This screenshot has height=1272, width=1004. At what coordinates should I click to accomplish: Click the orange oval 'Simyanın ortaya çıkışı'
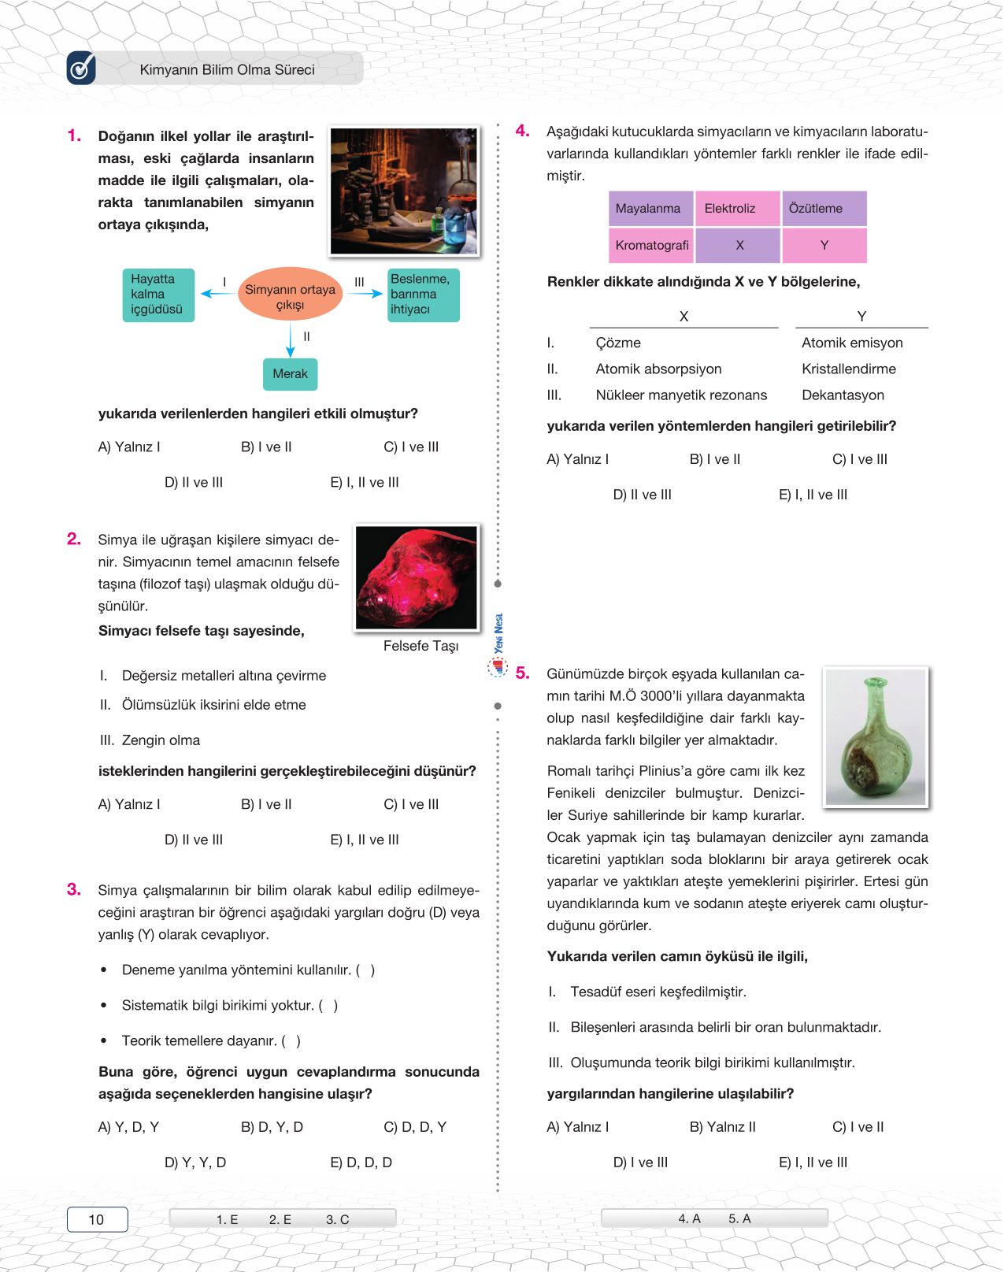[x=290, y=294]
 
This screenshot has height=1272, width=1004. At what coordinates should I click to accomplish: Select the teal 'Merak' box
[x=290, y=374]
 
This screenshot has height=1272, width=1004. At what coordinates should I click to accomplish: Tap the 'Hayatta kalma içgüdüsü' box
[x=157, y=295]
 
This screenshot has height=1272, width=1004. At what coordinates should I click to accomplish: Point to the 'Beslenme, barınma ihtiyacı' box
[x=423, y=295]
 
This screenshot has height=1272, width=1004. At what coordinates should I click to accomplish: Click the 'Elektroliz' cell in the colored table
[x=737, y=209]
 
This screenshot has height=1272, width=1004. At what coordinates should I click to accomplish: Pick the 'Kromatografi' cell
[x=651, y=245]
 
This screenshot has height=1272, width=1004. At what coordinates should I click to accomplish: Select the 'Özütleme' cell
[x=824, y=209]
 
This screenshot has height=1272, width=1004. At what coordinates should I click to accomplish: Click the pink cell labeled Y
[x=824, y=245]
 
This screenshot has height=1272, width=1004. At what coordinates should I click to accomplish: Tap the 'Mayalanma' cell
[x=650, y=209]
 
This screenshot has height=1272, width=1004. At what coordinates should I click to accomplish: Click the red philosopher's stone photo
[x=416, y=577]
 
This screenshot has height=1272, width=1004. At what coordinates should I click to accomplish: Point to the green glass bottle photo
[x=875, y=736]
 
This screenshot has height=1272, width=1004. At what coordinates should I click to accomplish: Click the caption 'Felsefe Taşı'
[x=420, y=646]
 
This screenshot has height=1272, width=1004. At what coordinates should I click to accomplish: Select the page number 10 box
[x=97, y=1219]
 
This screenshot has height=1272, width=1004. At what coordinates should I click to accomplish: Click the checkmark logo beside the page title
[x=81, y=69]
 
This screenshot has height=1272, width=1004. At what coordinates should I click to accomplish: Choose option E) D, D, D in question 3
[x=361, y=1163]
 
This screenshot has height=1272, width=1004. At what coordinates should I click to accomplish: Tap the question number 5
[x=522, y=673]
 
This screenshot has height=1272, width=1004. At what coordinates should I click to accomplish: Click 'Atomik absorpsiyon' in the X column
[x=658, y=369]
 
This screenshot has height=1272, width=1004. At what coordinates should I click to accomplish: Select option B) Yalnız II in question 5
[x=722, y=1127]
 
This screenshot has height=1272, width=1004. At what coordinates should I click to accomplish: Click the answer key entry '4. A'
[x=689, y=1218]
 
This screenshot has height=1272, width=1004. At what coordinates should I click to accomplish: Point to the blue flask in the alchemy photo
[x=456, y=227]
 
